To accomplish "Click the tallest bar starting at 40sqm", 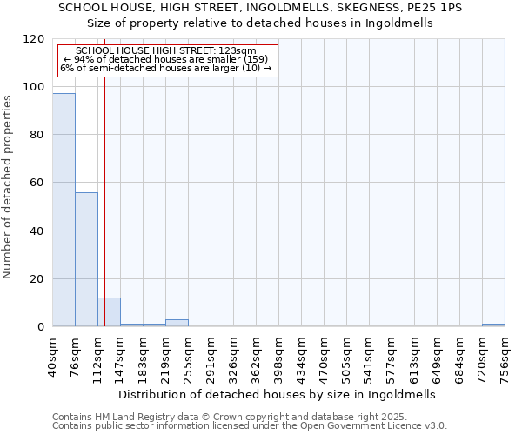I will coord(64,210).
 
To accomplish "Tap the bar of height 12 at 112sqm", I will coord(109,312).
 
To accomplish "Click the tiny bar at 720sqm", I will coord(493,325).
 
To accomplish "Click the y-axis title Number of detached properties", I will coord(8,187).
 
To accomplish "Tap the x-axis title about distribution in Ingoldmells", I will coord(276,394).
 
